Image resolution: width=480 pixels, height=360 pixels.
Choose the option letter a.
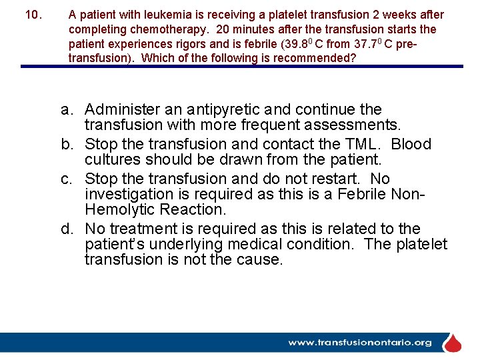coord(67,109)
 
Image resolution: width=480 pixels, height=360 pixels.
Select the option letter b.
coord(67,144)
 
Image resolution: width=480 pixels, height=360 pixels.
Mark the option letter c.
coord(67,179)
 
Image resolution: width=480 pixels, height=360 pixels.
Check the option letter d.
coord(67,229)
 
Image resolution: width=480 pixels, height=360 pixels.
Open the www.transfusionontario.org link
coord(360,343)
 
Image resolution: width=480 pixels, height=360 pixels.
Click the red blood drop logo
coord(453,343)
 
